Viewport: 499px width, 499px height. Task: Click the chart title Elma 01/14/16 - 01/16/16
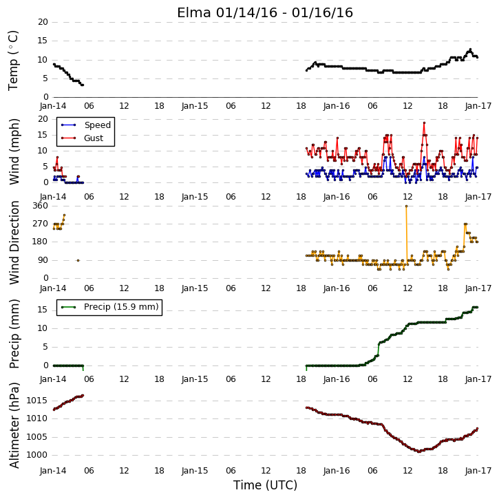click(265, 12)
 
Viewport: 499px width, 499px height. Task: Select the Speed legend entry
click(86, 125)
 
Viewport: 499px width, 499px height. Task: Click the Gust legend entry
click(82, 138)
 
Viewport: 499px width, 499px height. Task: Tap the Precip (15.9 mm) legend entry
click(110, 307)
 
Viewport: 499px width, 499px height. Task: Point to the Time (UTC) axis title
click(265, 485)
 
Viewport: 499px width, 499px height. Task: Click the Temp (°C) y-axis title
click(13, 61)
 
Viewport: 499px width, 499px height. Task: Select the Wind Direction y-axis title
click(14, 242)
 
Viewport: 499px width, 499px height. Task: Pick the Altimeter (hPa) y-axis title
click(14, 425)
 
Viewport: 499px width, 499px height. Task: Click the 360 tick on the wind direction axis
click(40, 206)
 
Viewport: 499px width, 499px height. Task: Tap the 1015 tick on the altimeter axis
click(36, 401)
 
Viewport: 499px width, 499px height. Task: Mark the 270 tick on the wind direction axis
click(40, 224)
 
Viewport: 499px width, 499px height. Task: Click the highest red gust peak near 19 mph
click(424, 123)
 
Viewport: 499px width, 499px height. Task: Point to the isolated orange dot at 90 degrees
click(78, 260)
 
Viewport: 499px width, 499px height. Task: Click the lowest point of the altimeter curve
click(419, 452)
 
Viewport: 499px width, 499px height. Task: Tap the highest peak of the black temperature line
click(470, 50)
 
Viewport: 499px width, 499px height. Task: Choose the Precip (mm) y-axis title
click(14, 334)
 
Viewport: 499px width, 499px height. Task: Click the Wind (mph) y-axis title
click(14, 151)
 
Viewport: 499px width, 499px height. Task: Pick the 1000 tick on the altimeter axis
click(36, 455)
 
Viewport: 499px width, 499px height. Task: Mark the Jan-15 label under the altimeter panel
click(195, 471)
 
